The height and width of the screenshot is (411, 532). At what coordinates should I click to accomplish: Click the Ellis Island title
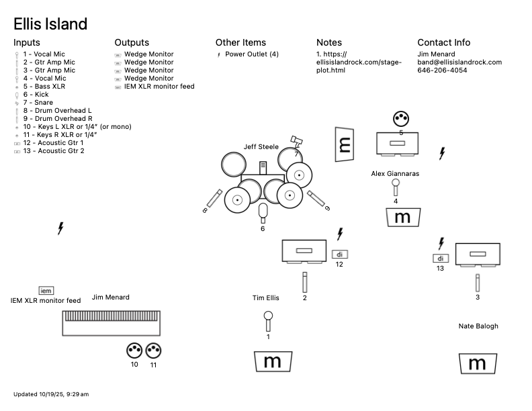(x=50, y=24)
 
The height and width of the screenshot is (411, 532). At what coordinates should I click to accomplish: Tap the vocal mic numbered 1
(x=268, y=320)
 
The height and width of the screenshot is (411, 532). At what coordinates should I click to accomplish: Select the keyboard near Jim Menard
(x=112, y=322)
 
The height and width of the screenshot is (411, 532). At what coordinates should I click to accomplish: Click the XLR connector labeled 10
(x=134, y=350)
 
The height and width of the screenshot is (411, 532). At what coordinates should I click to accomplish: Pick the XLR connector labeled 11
(x=154, y=350)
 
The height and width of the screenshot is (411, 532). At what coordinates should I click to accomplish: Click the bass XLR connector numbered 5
(x=401, y=119)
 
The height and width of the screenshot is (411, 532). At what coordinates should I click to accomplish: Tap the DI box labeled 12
(x=339, y=255)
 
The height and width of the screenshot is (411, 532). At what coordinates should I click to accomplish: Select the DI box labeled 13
(x=441, y=259)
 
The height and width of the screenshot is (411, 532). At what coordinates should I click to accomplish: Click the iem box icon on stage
(x=46, y=290)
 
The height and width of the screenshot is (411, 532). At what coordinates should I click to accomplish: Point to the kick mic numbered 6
(x=263, y=212)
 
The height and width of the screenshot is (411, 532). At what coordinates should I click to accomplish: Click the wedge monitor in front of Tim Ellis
(x=273, y=361)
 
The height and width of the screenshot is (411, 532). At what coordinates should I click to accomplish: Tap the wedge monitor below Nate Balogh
(x=477, y=363)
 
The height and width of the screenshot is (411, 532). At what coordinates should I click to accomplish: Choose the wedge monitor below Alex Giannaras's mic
(x=402, y=217)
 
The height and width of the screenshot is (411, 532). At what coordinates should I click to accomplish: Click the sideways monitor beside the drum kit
(x=344, y=144)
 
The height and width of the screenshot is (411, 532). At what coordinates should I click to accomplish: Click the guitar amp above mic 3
(x=478, y=254)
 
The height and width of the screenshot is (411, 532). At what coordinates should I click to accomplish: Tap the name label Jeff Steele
(x=261, y=146)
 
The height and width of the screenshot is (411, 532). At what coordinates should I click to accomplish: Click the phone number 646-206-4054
(x=442, y=71)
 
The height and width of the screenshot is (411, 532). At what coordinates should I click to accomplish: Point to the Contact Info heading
(x=443, y=42)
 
